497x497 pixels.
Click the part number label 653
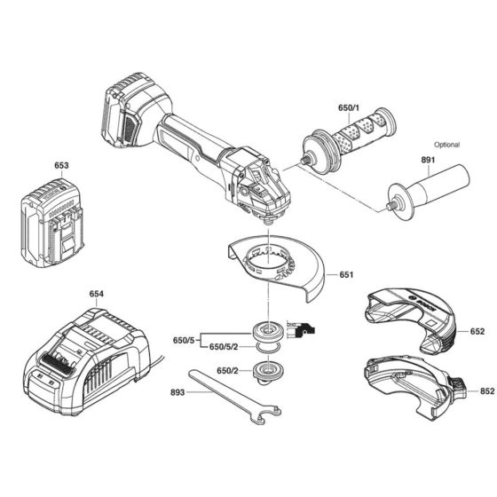tap(61, 165)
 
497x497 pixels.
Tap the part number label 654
tap(96, 293)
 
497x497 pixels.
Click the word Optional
tap(447, 144)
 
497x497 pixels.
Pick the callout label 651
tap(345, 274)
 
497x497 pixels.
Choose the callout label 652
tap(476, 332)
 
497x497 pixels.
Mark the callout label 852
tap(476, 390)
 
